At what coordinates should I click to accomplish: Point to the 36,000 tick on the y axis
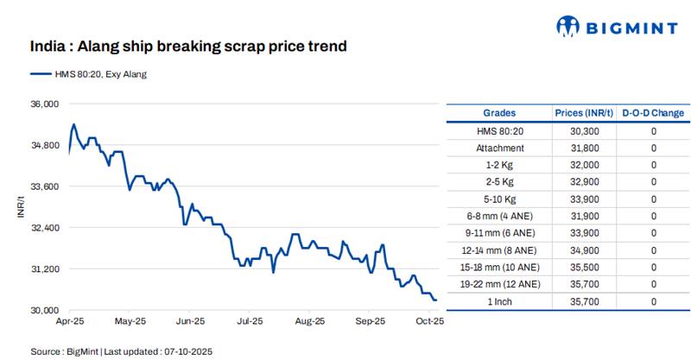coord(43,104)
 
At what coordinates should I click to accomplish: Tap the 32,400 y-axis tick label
coord(43,228)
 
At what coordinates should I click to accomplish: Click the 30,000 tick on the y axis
coord(43,310)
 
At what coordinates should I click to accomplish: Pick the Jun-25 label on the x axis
coord(189,322)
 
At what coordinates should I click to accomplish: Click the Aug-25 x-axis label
coord(309,322)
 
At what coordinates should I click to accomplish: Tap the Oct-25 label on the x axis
coord(429,322)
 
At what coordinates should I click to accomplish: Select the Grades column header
coord(499,113)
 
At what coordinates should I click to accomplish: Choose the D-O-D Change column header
coord(653,113)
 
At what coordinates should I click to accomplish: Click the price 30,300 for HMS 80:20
coord(586,130)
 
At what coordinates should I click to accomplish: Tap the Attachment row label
coord(499,148)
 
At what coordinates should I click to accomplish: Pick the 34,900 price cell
coord(586,249)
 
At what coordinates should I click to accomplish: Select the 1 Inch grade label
coord(499,300)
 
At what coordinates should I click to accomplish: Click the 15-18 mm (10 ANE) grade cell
coord(499,267)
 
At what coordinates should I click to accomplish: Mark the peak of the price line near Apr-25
coord(73,124)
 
